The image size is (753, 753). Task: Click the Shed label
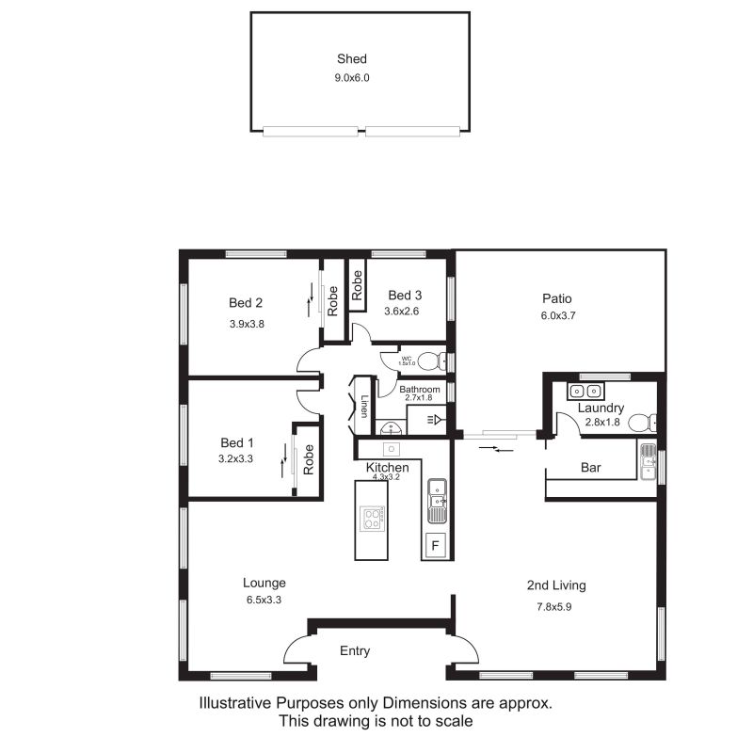351,58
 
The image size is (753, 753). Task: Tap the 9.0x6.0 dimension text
352,78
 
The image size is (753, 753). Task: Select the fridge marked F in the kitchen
436,546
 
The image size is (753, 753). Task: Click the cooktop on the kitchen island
372,519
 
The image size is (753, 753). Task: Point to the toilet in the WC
432,361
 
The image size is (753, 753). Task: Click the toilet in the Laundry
642,423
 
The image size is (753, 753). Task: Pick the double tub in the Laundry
585,392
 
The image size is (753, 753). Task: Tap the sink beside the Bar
649,461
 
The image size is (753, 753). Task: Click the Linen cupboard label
364,407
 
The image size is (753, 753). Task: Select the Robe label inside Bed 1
309,459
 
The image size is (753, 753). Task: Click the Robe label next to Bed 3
357,285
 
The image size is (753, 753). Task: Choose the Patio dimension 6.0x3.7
558,315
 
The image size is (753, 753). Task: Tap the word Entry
355,651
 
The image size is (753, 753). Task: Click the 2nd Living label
556,585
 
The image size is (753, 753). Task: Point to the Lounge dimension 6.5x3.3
264,600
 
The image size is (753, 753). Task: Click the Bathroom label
419,389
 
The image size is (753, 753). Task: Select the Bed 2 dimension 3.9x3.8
247,324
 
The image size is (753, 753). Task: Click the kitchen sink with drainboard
437,501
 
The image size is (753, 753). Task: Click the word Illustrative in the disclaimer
235,703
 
